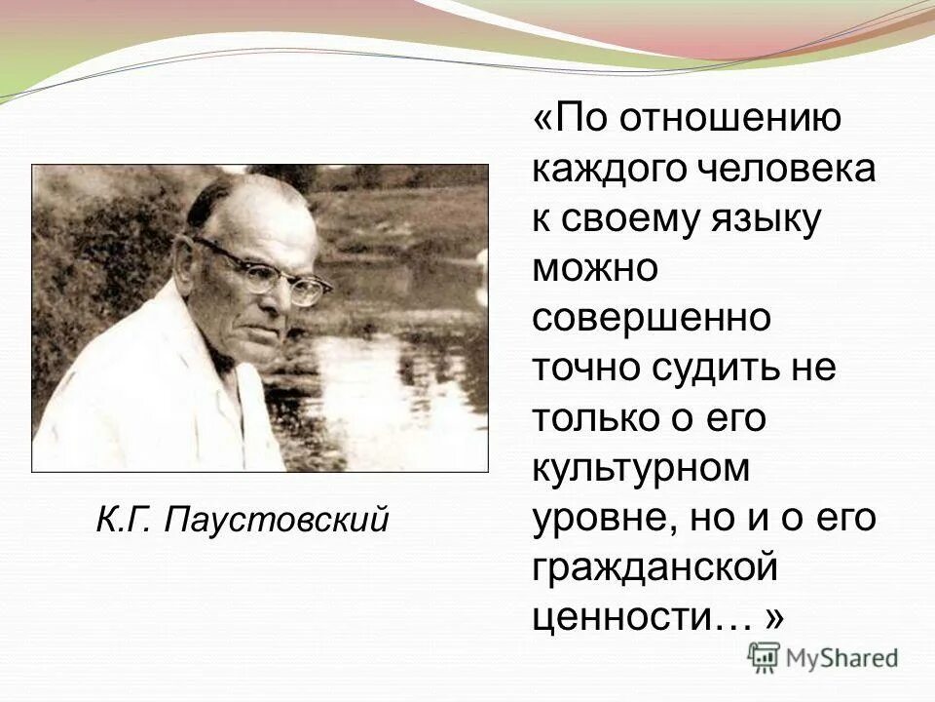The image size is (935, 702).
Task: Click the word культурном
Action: point(641,469)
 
